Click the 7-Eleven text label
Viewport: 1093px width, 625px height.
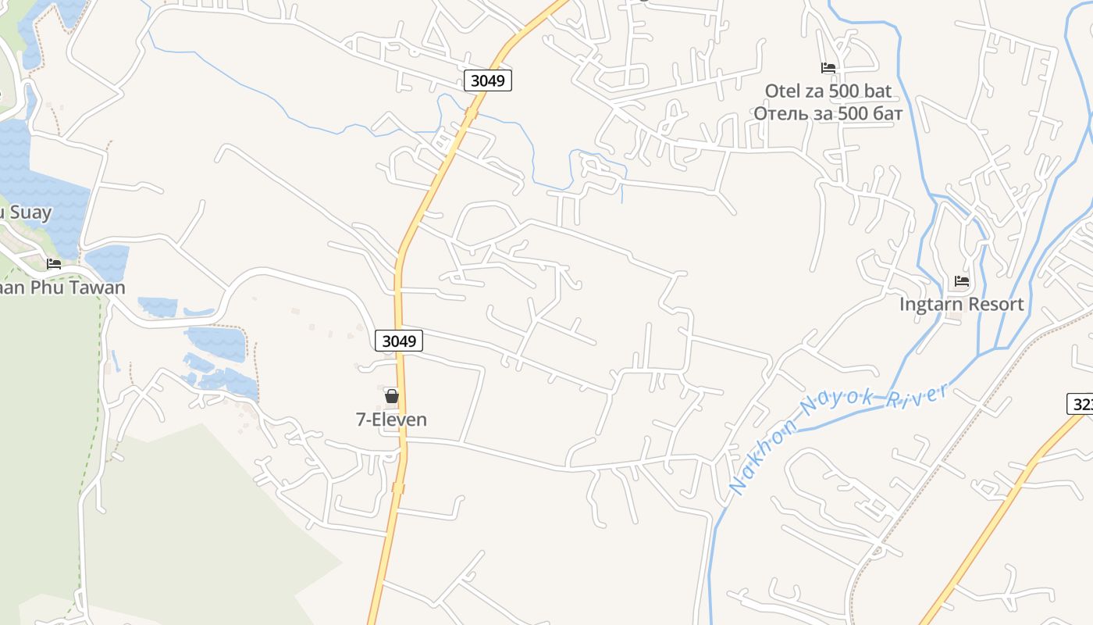[391, 420]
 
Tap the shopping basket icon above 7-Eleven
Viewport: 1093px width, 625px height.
[392, 396]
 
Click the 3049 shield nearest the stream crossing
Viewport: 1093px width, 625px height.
[488, 80]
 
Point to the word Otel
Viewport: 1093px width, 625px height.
[782, 91]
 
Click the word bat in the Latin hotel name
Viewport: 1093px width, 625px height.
[876, 91]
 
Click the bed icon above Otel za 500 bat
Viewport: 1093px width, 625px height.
[828, 68]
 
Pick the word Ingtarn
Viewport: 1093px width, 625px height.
[932, 305]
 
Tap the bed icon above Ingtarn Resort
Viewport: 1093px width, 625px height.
[961, 281]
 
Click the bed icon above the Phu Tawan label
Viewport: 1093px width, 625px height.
[53, 264]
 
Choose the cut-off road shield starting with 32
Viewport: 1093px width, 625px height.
[1080, 404]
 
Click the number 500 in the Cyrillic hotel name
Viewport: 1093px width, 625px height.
[841, 114]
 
